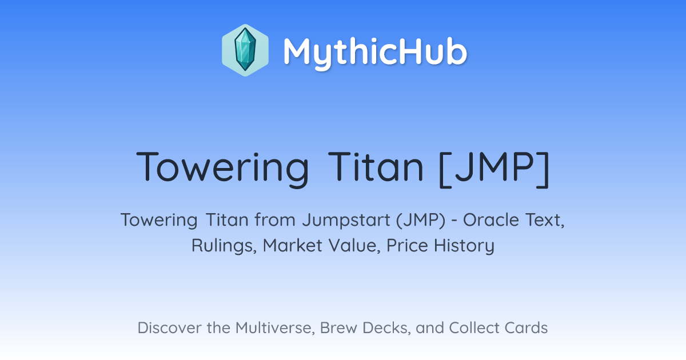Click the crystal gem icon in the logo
pos(245,50)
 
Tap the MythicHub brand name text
pos(375,53)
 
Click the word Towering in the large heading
pos(222,169)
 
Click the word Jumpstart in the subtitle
pos(346,221)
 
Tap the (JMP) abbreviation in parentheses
pos(421,220)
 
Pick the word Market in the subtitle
pos(293,246)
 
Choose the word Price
pos(407,246)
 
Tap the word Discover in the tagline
pos(169,328)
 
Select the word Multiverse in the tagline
pos(275,328)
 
